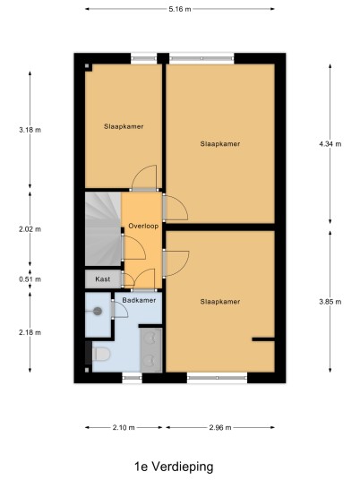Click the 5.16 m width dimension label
pyautogui.click(x=180, y=9)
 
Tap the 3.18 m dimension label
pyautogui.click(x=30, y=130)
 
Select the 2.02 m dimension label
pyautogui.click(x=30, y=229)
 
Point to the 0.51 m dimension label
pyautogui.click(x=30, y=279)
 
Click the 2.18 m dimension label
pyautogui.click(x=30, y=332)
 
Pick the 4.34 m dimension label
pyautogui.click(x=330, y=144)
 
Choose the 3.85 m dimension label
pyautogui.click(x=330, y=302)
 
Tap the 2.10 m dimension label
pyautogui.click(x=124, y=428)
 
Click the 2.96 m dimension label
pyautogui.click(x=220, y=428)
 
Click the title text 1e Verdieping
pyautogui.click(x=174, y=467)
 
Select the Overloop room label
pyautogui.click(x=143, y=227)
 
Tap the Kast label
pyautogui.click(x=103, y=279)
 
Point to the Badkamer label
pyautogui.click(x=139, y=300)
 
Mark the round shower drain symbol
pyautogui.click(x=98, y=312)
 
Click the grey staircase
pyautogui.click(x=103, y=228)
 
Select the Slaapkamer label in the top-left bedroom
pyautogui.click(x=124, y=126)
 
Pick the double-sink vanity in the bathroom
pyautogui.click(x=151, y=350)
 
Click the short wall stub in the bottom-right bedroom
pyautogui.click(x=263, y=339)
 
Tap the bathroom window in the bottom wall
pyautogui.click(x=133, y=378)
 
